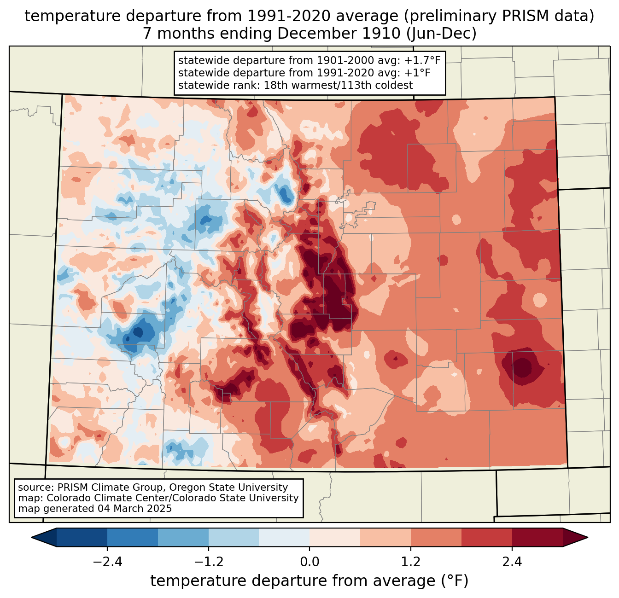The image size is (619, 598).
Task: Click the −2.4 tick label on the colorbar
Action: [107, 562]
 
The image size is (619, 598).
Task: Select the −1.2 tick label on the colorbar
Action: [208, 562]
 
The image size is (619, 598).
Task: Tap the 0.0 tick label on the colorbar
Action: [309, 562]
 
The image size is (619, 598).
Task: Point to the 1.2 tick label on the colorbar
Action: [411, 562]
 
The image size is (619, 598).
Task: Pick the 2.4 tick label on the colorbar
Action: [512, 562]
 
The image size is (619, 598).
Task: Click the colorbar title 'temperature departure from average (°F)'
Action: [309, 581]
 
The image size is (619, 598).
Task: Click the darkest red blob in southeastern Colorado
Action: [523, 367]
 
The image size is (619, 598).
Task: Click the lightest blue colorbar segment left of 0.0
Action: [284, 537]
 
